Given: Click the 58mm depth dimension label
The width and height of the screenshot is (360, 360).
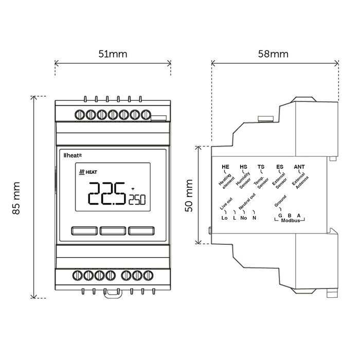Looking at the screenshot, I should click(274, 53).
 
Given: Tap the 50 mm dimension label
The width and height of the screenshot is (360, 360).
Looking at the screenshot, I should click(189, 195).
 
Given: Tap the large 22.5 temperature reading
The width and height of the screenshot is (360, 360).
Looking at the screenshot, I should click(106, 193).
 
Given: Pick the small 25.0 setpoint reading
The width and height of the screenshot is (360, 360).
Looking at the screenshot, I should click(137, 199).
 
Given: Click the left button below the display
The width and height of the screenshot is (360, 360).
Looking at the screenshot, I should click(83, 231).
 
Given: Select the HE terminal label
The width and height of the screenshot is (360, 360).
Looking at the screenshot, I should click(225, 167).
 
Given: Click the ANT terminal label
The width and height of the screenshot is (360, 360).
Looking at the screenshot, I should click(299, 167).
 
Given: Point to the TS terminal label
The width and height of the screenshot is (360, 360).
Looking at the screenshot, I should click(261, 167).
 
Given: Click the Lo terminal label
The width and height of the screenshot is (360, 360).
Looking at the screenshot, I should click(224, 218).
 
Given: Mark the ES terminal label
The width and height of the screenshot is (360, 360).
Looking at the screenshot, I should click(279, 167).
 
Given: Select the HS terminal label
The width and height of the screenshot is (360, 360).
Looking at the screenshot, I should click(243, 167).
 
